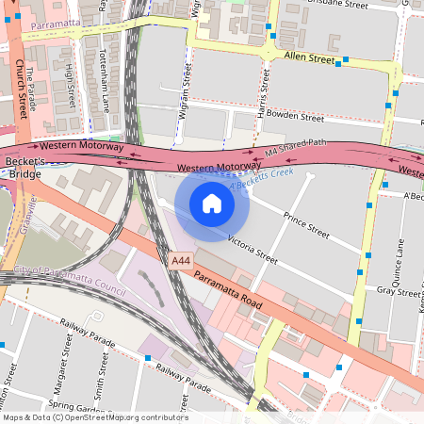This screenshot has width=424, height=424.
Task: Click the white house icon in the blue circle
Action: tap(212, 203)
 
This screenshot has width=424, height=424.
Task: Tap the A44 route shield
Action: tap(182, 259)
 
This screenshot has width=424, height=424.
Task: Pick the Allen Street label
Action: tap(309, 58)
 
